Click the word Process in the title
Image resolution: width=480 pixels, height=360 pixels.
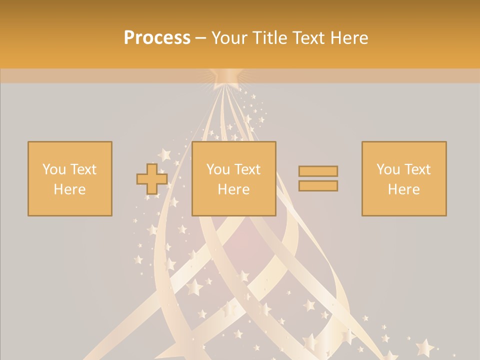[157, 38]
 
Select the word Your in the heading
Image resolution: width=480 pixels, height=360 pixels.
[229, 38]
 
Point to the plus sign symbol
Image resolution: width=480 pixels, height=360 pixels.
[152, 179]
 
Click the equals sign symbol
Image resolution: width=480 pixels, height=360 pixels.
[318, 178]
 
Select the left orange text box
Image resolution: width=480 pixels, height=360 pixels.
[69, 178]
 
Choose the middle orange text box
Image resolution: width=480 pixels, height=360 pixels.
[233, 178]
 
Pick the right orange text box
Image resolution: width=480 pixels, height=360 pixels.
[403, 178]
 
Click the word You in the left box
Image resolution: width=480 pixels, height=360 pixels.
[53, 169]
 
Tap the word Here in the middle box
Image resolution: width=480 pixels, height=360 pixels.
[233, 189]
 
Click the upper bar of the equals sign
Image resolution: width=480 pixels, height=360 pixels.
[318, 171]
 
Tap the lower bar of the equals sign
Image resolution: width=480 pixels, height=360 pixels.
[318, 186]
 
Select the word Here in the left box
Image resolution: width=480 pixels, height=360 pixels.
[69, 189]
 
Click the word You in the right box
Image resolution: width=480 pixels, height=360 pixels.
[388, 169]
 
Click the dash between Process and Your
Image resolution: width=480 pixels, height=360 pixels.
[201, 38]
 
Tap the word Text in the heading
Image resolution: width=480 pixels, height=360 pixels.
[308, 38]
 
